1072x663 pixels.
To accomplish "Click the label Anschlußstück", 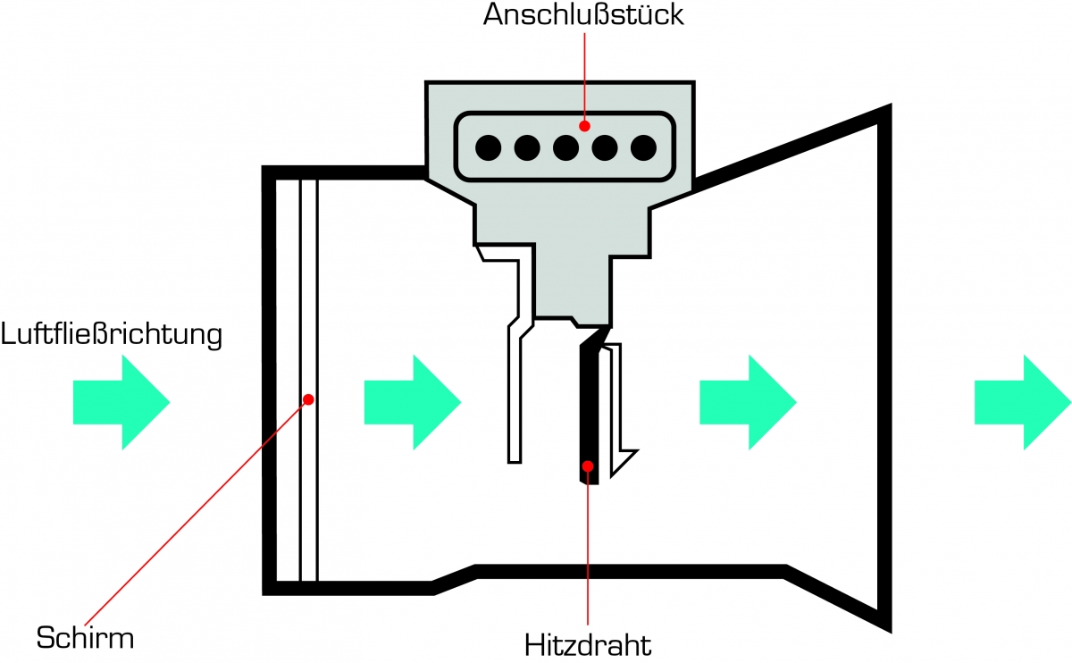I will [x=583, y=16].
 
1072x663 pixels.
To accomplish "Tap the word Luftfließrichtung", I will [x=111, y=336].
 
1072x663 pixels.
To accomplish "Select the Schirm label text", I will [x=85, y=638].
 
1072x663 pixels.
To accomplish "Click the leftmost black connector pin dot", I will [x=488, y=147].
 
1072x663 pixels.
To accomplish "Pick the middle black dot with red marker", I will [x=565, y=147].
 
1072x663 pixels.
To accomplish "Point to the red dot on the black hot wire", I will [x=588, y=466].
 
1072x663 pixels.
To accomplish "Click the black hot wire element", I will [x=589, y=411].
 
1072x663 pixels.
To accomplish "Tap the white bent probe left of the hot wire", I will [x=515, y=393].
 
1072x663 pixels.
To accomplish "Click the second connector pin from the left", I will [x=527, y=147].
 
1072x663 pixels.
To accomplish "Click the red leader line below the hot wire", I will [x=588, y=554].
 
